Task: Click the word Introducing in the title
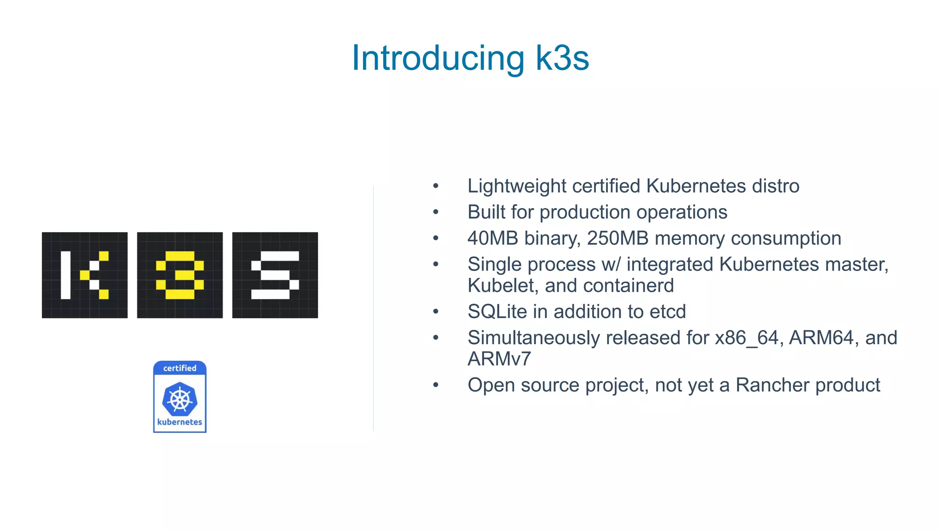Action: [x=438, y=58]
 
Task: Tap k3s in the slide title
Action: [x=562, y=58]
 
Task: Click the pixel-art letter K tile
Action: [x=85, y=275]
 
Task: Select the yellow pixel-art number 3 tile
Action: [x=180, y=275]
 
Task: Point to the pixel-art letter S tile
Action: [x=275, y=275]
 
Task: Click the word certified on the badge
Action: [x=180, y=368]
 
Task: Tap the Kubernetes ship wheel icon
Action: [x=180, y=398]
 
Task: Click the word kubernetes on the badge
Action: [x=180, y=422]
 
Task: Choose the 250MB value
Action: [x=618, y=238]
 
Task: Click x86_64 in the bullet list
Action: [x=747, y=338]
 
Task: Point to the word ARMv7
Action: [x=499, y=359]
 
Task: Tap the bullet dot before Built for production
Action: [x=436, y=213]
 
